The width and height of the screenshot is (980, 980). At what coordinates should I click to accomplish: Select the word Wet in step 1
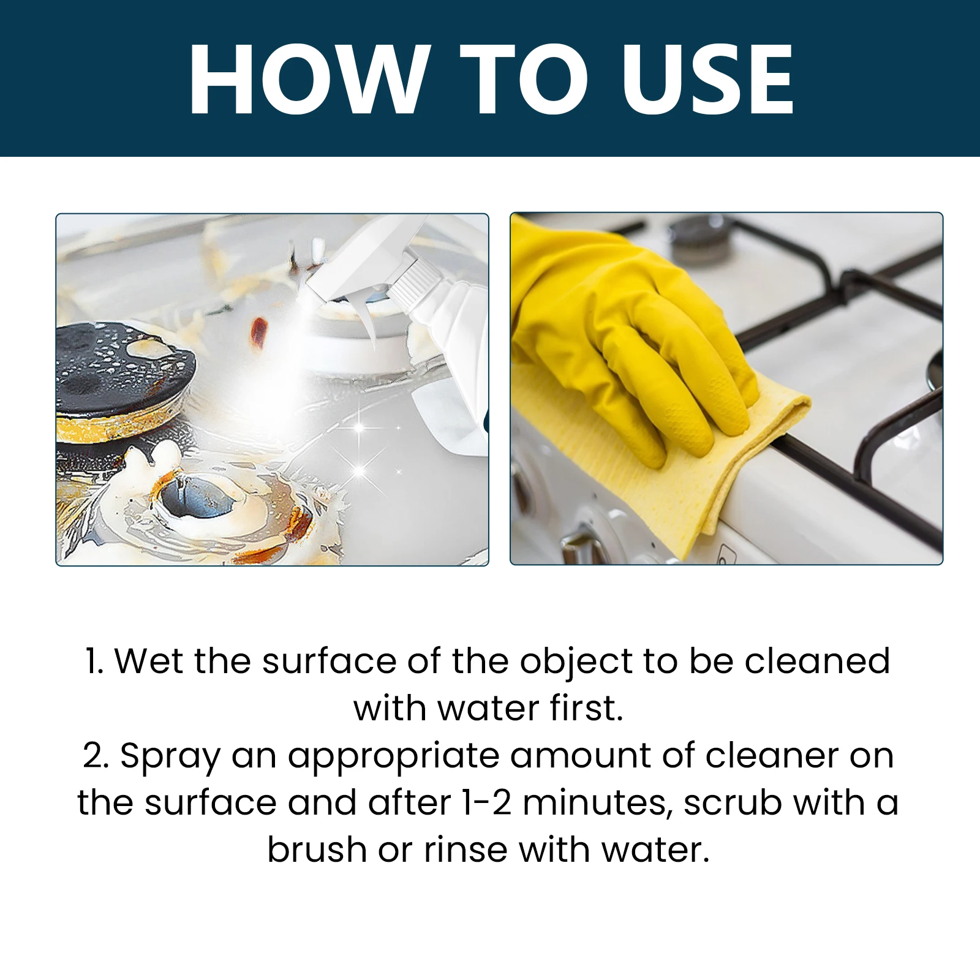149,661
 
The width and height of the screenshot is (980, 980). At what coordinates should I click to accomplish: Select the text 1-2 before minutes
487,803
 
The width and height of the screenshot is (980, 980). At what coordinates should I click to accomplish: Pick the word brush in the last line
317,850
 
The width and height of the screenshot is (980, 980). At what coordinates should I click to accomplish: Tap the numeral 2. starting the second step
96,756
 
